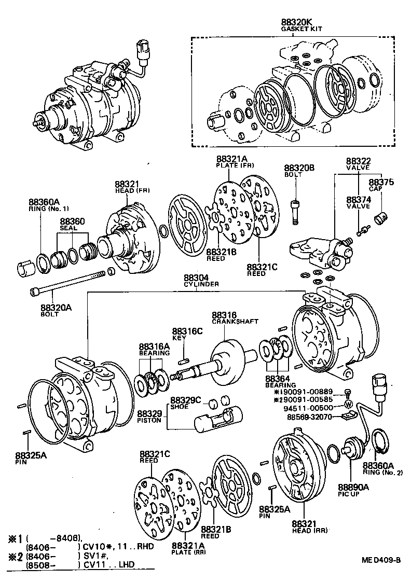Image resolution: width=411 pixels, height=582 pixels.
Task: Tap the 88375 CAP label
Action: tap(381, 185)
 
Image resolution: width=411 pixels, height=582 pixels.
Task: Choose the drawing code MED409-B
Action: tap(381, 560)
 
